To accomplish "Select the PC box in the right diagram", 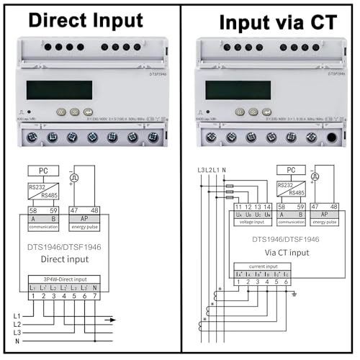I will [x=292, y=170].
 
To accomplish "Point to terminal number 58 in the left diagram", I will [x=33, y=210].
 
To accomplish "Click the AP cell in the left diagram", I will [x=85, y=219].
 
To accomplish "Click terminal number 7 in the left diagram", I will [x=85, y=296].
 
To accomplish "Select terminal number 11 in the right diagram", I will [x=238, y=207].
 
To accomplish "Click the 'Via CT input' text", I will [x=268, y=253].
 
